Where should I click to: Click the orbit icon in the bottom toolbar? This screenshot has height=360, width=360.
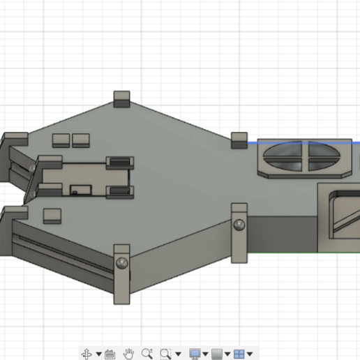[87, 354]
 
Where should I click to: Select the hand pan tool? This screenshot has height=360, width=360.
[129, 354]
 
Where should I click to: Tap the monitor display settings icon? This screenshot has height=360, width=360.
[195, 354]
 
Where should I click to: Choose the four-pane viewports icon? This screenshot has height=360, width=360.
[239, 354]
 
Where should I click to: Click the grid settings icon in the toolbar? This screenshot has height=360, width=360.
[217, 354]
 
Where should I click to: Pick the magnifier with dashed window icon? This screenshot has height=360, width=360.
[166, 354]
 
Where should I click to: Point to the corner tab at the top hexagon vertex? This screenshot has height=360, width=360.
[122, 99]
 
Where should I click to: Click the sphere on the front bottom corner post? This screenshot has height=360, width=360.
[123, 262]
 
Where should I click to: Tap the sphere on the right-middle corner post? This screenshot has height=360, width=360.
[239, 225]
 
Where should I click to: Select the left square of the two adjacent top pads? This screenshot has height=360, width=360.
[61, 140]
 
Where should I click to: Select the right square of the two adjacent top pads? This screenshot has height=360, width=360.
[81, 140]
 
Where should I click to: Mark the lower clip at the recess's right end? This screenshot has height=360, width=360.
[120, 191]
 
